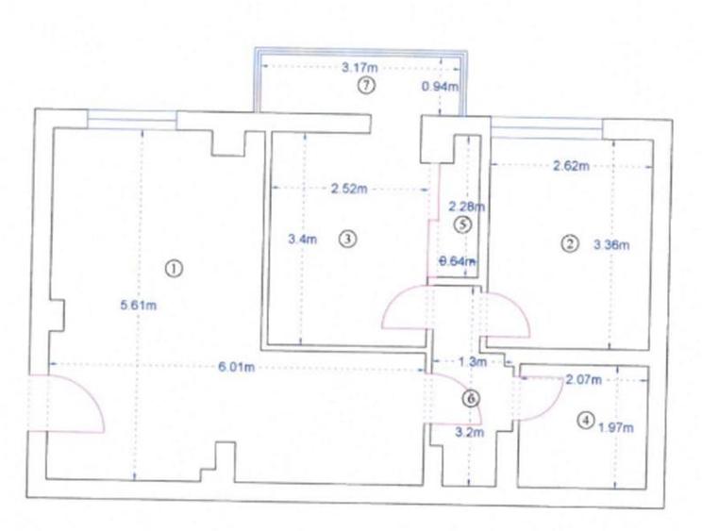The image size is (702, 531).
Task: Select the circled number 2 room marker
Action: pos(569,244)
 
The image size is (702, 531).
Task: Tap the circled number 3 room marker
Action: pos(348,239)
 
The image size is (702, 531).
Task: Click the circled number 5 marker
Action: pos(461,224)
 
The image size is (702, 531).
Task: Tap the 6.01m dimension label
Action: pos(237,367)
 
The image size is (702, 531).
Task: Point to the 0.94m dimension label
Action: pos(439,87)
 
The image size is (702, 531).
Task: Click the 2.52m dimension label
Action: pos(349,188)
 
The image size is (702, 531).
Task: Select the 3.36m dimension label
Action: pos(610,245)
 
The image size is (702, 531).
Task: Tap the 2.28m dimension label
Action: pos(465,206)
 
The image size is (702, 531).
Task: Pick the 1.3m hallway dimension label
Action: pos(471,361)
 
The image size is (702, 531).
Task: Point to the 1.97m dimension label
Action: pos(615,426)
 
